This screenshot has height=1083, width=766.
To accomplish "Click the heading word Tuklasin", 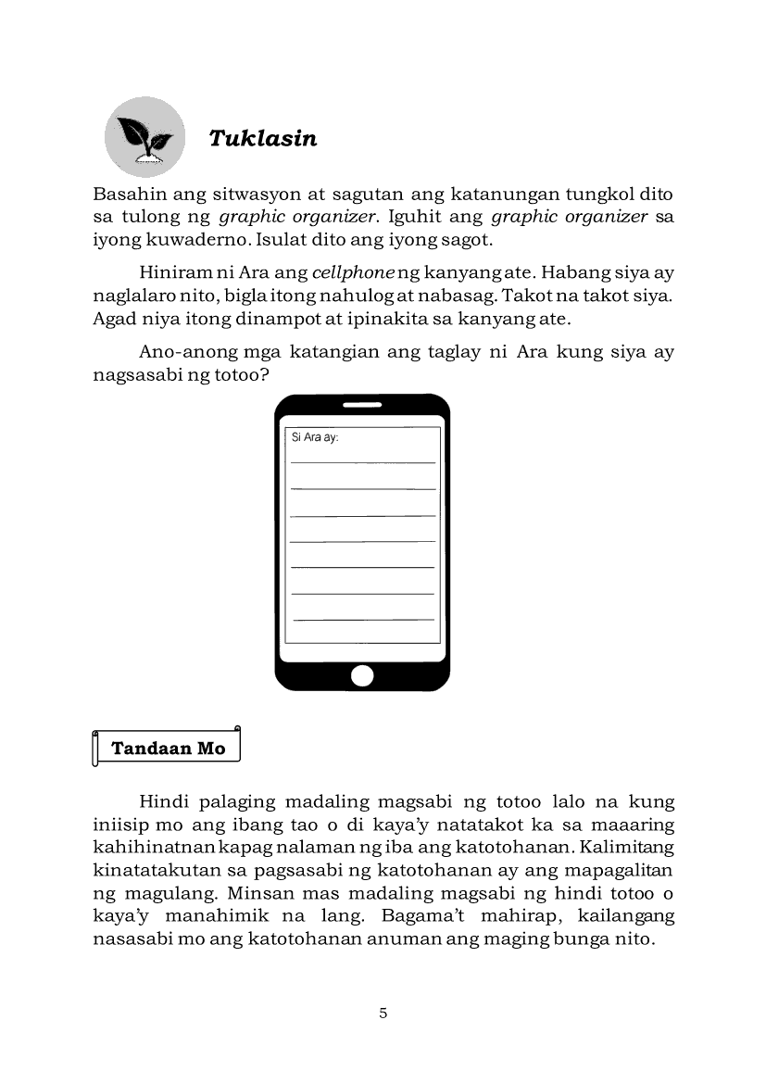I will click(x=262, y=139).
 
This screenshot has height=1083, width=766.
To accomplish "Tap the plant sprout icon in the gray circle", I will click(x=144, y=139).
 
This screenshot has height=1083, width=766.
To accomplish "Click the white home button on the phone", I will click(x=362, y=675).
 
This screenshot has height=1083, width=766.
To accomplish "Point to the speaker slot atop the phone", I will click(x=362, y=406).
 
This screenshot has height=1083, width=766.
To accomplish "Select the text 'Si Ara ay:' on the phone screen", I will click(x=315, y=437).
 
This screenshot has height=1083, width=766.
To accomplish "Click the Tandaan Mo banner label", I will click(x=168, y=749).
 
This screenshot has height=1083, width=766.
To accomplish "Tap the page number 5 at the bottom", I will click(x=383, y=1013).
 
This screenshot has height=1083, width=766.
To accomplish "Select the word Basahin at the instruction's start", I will click(x=127, y=195).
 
